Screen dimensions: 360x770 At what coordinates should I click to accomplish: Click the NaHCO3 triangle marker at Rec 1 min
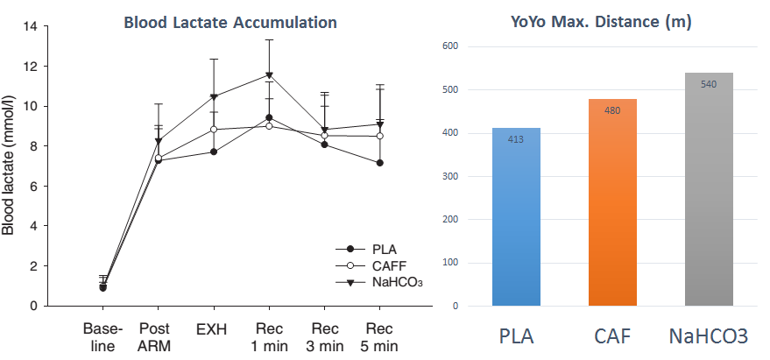pyautogui.click(x=269, y=75)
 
